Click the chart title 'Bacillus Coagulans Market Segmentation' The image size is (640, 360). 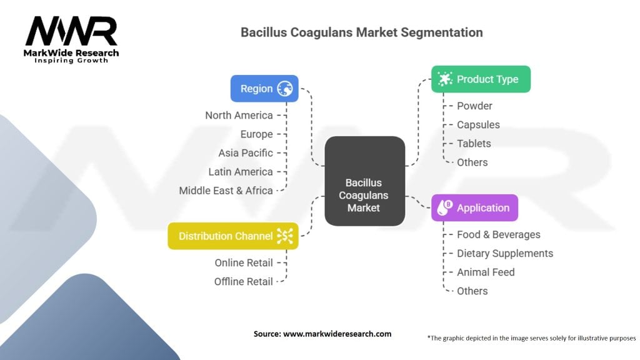pyautogui.click(x=362, y=32)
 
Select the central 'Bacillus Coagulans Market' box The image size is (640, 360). pyautogui.click(x=364, y=194)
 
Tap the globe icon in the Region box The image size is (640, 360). pyautogui.click(x=285, y=89)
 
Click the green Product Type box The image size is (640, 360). pyautogui.click(x=481, y=79)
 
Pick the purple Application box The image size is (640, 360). pyautogui.click(x=474, y=208)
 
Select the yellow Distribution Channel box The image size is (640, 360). pyautogui.click(x=232, y=236)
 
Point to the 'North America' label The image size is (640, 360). pyautogui.click(x=239, y=116)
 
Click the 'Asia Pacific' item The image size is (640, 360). pyautogui.click(x=246, y=153)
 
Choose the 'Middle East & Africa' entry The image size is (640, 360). pyautogui.click(x=226, y=191)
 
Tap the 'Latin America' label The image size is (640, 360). pyautogui.click(x=241, y=172)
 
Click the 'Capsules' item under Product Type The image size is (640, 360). pyautogui.click(x=478, y=125)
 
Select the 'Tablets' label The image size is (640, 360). pyautogui.click(x=474, y=144)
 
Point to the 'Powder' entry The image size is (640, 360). pyautogui.click(x=474, y=106)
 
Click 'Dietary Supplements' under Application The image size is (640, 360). pyautogui.click(x=505, y=254)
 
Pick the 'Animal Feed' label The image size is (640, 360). pyautogui.click(x=486, y=272)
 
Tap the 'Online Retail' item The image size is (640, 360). pyautogui.click(x=244, y=263)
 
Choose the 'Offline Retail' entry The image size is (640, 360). pyautogui.click(x=244, y=282)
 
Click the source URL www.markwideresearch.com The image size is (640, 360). pyautogui.click(x=337, y=334)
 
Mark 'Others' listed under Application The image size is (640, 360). pyautogui.click(x=472, y=291)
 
